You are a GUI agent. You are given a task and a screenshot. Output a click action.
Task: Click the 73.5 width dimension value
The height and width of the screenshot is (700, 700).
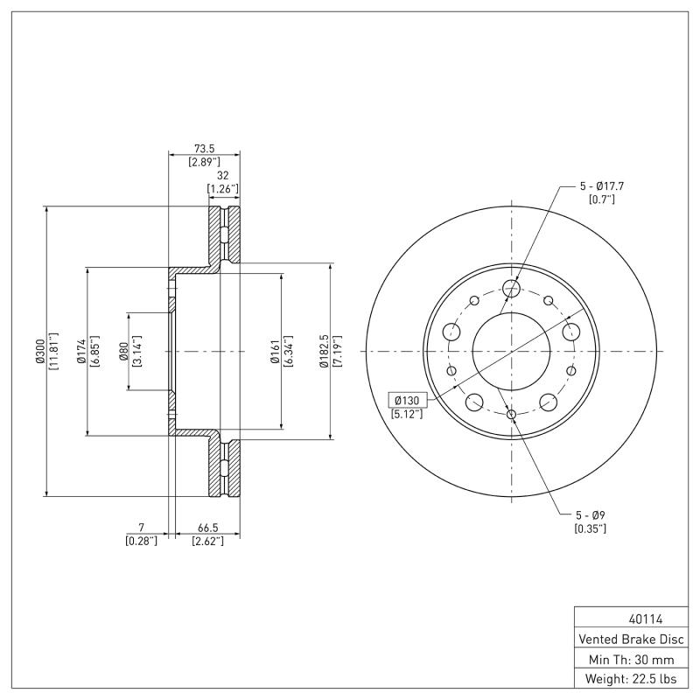point(204,149)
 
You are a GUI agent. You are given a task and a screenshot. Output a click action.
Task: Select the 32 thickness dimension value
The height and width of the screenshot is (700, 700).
point(222,175)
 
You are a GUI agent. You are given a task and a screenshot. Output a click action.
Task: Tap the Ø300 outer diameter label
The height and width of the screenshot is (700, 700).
point(39,351)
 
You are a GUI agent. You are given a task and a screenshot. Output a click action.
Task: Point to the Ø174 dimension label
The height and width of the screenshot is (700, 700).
point(81,351)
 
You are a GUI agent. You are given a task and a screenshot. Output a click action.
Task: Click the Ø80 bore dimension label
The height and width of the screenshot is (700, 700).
point(123,351)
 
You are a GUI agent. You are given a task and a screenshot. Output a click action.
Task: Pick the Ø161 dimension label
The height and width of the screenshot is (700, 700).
point(274,351)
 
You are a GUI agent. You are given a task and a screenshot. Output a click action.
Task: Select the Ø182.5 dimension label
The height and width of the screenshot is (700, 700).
point(323,351)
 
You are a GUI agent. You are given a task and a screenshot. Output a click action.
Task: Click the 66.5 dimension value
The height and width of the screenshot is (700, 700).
point(207,528)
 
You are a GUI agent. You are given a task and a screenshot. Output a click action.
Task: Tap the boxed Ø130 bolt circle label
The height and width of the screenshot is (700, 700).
point(408,400)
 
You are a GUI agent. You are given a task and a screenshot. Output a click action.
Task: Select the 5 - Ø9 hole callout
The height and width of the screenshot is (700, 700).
point(590,515)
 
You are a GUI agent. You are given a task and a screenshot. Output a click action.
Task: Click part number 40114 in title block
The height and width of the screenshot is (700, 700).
point(627,619)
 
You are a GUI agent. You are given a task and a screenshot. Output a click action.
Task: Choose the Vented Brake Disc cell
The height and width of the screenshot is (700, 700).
point(627,639)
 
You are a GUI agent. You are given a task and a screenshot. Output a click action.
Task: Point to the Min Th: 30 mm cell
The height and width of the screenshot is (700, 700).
point(627,659)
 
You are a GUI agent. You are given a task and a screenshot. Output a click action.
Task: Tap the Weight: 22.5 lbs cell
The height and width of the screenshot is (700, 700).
point(627,679)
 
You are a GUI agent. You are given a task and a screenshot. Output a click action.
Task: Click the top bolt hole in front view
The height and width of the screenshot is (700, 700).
point(512,289)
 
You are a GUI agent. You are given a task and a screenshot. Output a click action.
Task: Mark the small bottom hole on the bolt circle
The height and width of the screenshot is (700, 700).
point(512,415)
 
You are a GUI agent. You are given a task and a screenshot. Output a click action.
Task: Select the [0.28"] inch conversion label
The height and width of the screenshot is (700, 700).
point(141,542)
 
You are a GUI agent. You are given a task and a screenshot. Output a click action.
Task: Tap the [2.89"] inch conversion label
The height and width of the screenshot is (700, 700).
point(204,163)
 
